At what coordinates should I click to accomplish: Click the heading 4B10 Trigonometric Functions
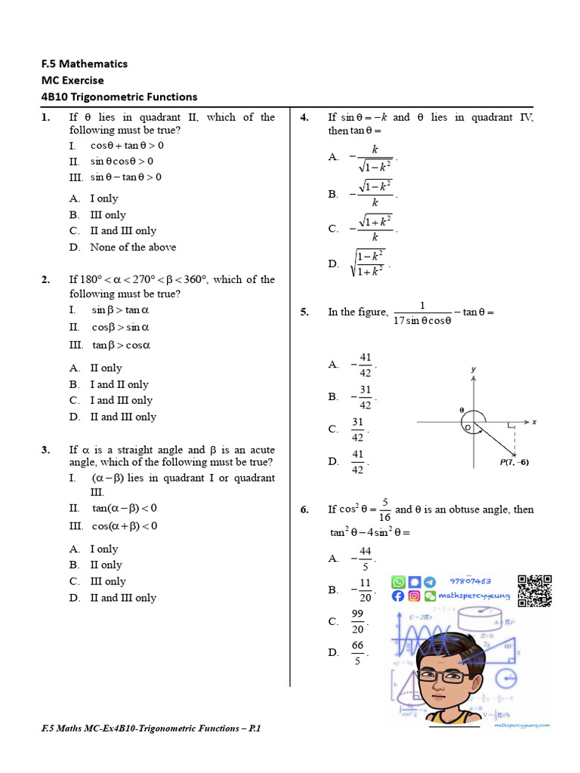(119, 97)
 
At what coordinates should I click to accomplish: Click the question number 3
(45, 450)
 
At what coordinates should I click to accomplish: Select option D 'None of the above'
(133, 247)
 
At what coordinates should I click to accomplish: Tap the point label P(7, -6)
(514, 462)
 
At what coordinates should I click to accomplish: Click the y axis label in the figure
(474, 370)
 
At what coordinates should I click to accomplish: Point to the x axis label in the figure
(534, 422)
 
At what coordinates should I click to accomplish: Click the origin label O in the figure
(467, 428)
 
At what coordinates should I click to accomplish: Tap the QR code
(535, 591)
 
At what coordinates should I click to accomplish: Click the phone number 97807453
(470, 581)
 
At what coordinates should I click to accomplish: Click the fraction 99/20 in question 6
(358, 621)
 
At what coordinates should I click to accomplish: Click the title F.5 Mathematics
(85, 63)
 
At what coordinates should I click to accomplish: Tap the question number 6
(304, 510)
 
